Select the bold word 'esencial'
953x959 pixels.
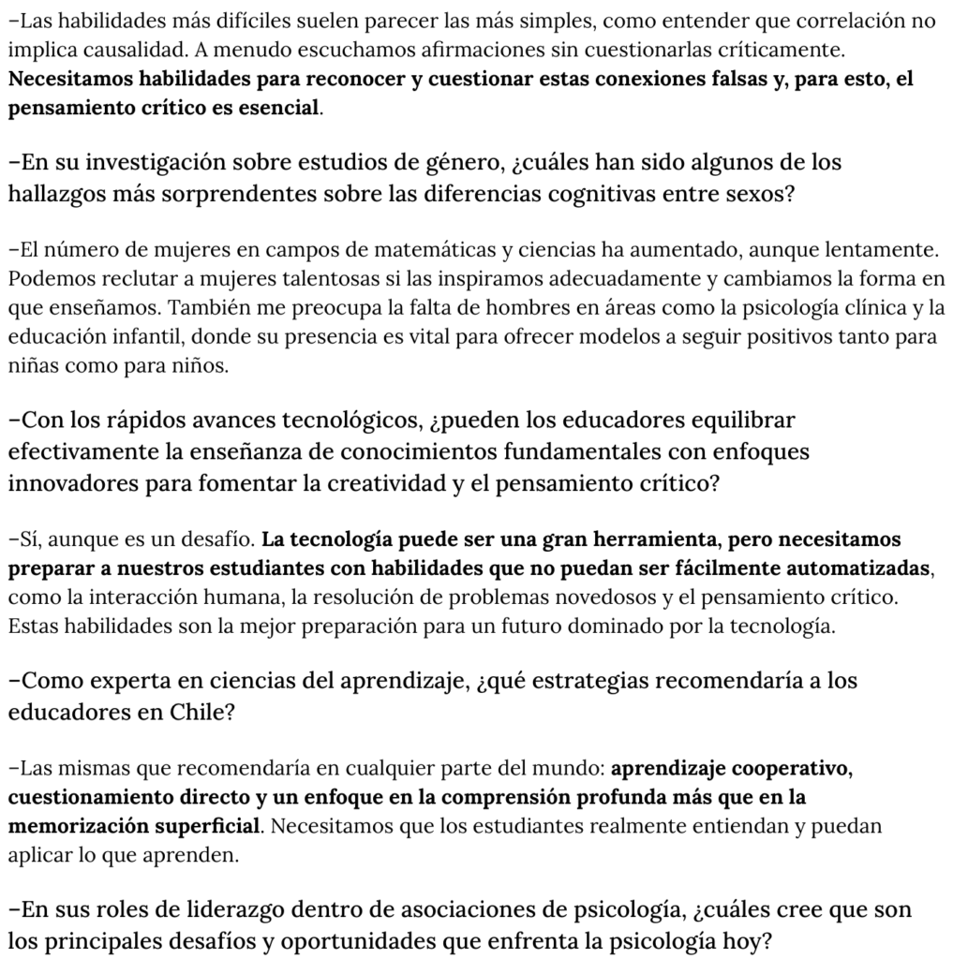coord(277,108)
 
